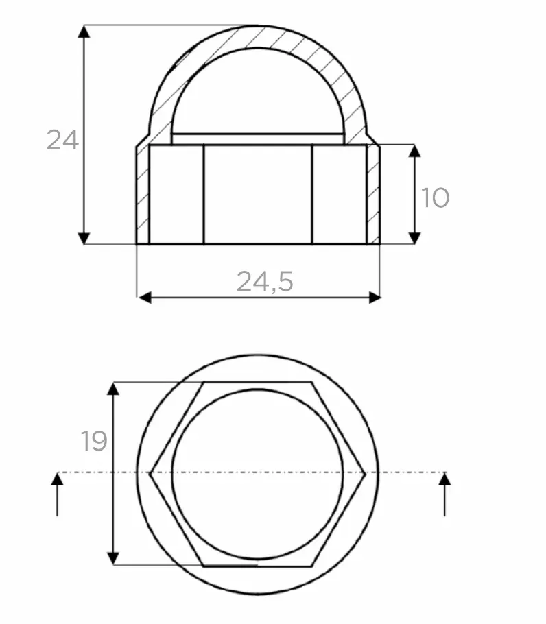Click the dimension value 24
62,140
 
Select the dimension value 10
435,197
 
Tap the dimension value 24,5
265,281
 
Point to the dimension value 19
95,440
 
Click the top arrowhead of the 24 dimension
84,32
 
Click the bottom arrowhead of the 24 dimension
84,238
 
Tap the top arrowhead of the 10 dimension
415,151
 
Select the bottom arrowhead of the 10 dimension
415,238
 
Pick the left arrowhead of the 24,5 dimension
145,298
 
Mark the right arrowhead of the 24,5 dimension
375,298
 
